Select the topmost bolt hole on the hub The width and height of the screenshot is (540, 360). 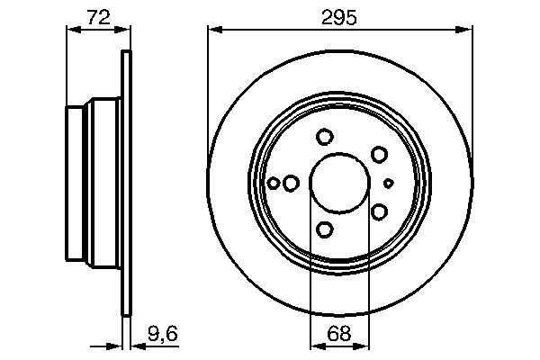coord(325,137)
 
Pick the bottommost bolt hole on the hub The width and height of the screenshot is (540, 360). coord(325,229)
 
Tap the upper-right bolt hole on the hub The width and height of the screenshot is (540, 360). coord(379,155)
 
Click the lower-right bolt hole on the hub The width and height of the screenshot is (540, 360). coord(379,211)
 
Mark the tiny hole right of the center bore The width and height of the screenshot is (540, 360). coord(388,183)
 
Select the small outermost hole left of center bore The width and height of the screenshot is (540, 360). coord(274,183)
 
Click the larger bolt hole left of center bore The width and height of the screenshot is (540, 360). coord(291,183)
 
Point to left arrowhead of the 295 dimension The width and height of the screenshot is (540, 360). coord(214,30)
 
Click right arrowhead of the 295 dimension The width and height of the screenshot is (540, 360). coord(467,30)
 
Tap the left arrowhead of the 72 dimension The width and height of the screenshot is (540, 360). coord(73,30)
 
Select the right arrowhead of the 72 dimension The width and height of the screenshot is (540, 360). coord(124,30)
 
